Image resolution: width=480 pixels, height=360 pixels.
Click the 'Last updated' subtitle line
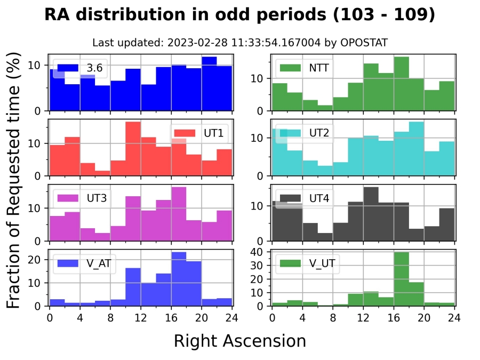(239, 43)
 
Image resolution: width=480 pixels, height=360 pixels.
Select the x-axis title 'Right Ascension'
(239, 341)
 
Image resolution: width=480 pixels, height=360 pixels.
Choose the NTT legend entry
(304, 68)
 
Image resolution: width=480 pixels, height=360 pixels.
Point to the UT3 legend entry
(83, 198)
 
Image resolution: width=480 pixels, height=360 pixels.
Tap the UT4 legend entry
(304, 198)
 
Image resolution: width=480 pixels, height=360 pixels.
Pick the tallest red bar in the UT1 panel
(133, 149)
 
